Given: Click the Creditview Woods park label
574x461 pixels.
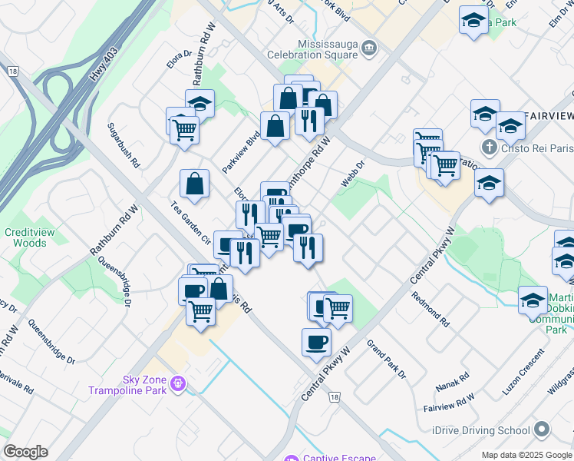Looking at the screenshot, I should (25, 237).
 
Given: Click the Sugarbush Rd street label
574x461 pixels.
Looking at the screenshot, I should (123, 145).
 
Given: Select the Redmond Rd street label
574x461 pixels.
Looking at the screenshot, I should (429, 307).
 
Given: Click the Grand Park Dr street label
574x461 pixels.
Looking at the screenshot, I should (385, 359).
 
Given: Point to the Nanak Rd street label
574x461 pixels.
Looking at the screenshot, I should (453, 380).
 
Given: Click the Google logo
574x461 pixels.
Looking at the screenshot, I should (25, 452).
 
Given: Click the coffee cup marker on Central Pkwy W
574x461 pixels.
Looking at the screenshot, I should (316, 342).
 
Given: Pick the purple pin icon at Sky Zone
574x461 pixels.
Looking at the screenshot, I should (178, 382).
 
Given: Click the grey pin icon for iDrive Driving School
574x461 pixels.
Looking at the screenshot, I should (542, 430).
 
